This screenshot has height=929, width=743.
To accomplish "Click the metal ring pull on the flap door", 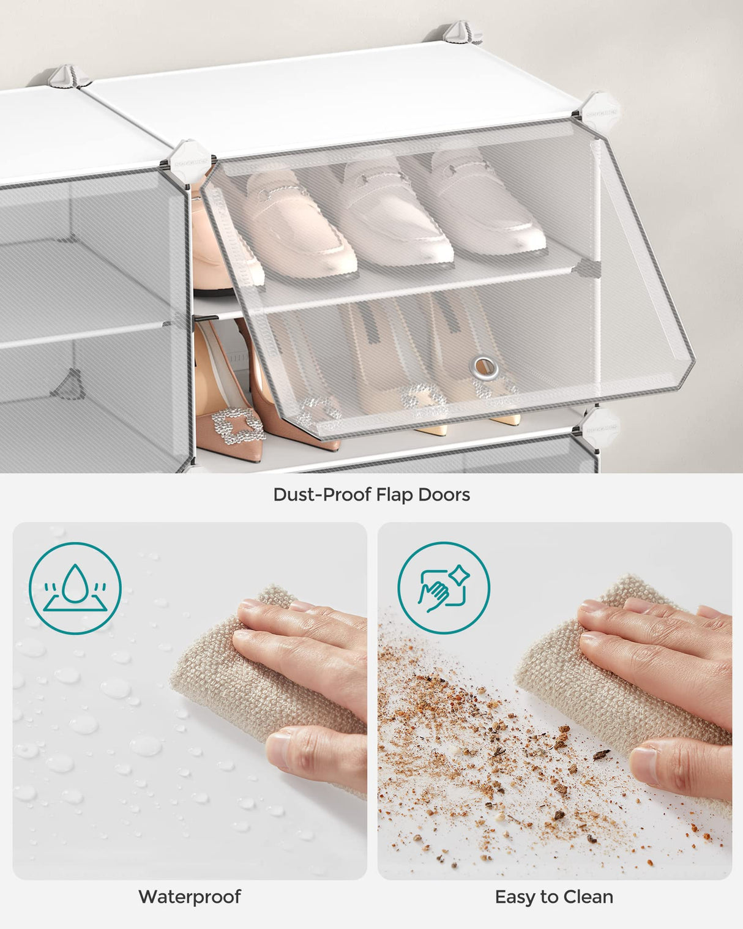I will coord(484,368).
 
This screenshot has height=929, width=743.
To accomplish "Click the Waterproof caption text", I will coord(190,897).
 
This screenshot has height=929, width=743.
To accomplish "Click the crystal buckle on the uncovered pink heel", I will coord(237,425).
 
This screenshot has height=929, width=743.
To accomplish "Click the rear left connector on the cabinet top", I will coord(67,77).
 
